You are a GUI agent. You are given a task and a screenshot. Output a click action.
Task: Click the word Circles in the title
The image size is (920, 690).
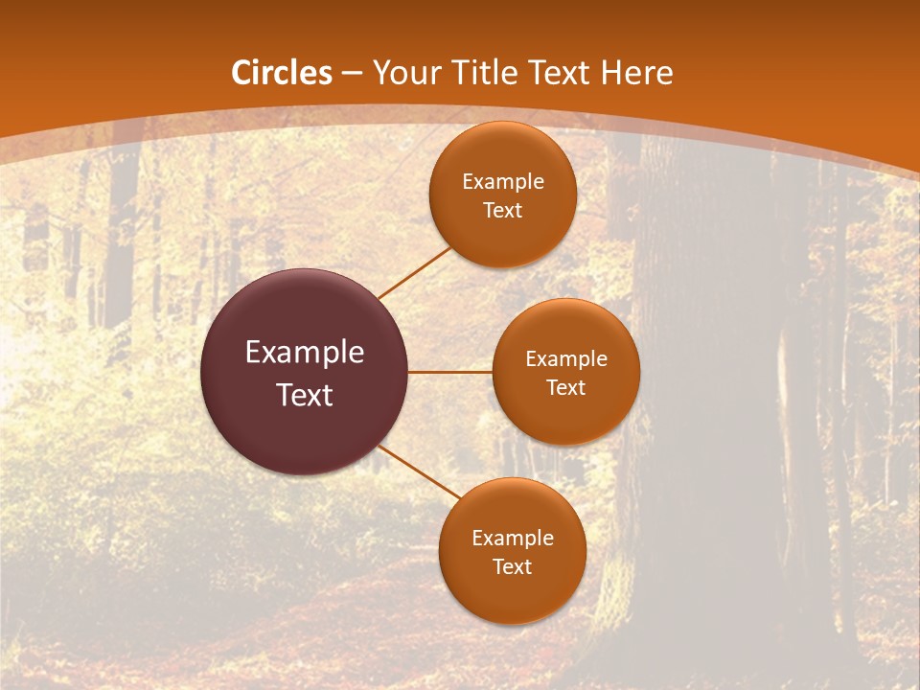click(282, 73)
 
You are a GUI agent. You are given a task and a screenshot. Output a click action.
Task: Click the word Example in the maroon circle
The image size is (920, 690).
click(305, 353)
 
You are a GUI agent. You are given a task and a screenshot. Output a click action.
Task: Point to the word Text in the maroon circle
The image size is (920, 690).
click(305, 395)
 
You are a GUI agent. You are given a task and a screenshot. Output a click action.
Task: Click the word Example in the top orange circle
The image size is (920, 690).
click(502, 182)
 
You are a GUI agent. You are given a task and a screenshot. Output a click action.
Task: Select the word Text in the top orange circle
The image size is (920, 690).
click(502, 211)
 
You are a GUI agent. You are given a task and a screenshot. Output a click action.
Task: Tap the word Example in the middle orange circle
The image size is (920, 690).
click(565, 359)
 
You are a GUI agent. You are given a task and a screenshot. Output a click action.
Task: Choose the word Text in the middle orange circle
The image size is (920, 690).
click(565, 388)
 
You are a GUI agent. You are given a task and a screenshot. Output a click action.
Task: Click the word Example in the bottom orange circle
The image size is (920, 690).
click(512, 539)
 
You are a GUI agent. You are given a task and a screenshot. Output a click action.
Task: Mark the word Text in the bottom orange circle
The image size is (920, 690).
click(512, 567)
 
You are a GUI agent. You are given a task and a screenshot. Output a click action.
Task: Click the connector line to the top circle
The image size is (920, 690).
click(414, 272)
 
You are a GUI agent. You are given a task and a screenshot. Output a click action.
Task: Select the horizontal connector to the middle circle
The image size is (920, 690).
click(450, 372)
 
